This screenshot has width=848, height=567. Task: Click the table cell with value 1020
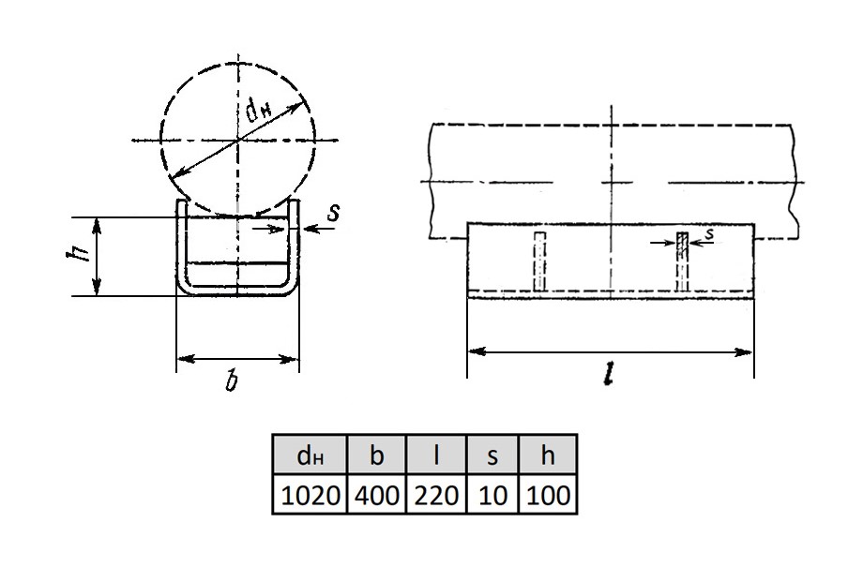coord(310,495)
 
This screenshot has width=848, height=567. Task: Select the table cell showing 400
coord(376,495)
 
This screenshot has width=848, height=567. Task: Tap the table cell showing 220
coord(436,495)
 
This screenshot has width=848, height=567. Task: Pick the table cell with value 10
coord(492,495)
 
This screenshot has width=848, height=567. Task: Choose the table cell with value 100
coord(548,495)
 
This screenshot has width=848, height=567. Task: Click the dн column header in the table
coord(310,455)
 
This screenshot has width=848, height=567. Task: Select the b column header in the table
coord(376,455)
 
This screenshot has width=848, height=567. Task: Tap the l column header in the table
coord(436,455)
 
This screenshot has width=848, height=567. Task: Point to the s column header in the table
coord(492,455)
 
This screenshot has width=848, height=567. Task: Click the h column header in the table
coord(548,455)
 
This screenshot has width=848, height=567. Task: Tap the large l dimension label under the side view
coord(610,374)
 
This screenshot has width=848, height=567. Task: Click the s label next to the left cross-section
coord(334,212)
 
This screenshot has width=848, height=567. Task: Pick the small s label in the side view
coord(709,233)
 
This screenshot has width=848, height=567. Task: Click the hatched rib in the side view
coord(683,261)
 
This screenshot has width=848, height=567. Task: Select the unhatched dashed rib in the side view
coord(539,261)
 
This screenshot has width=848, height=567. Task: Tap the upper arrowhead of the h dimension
coord(97,228)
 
